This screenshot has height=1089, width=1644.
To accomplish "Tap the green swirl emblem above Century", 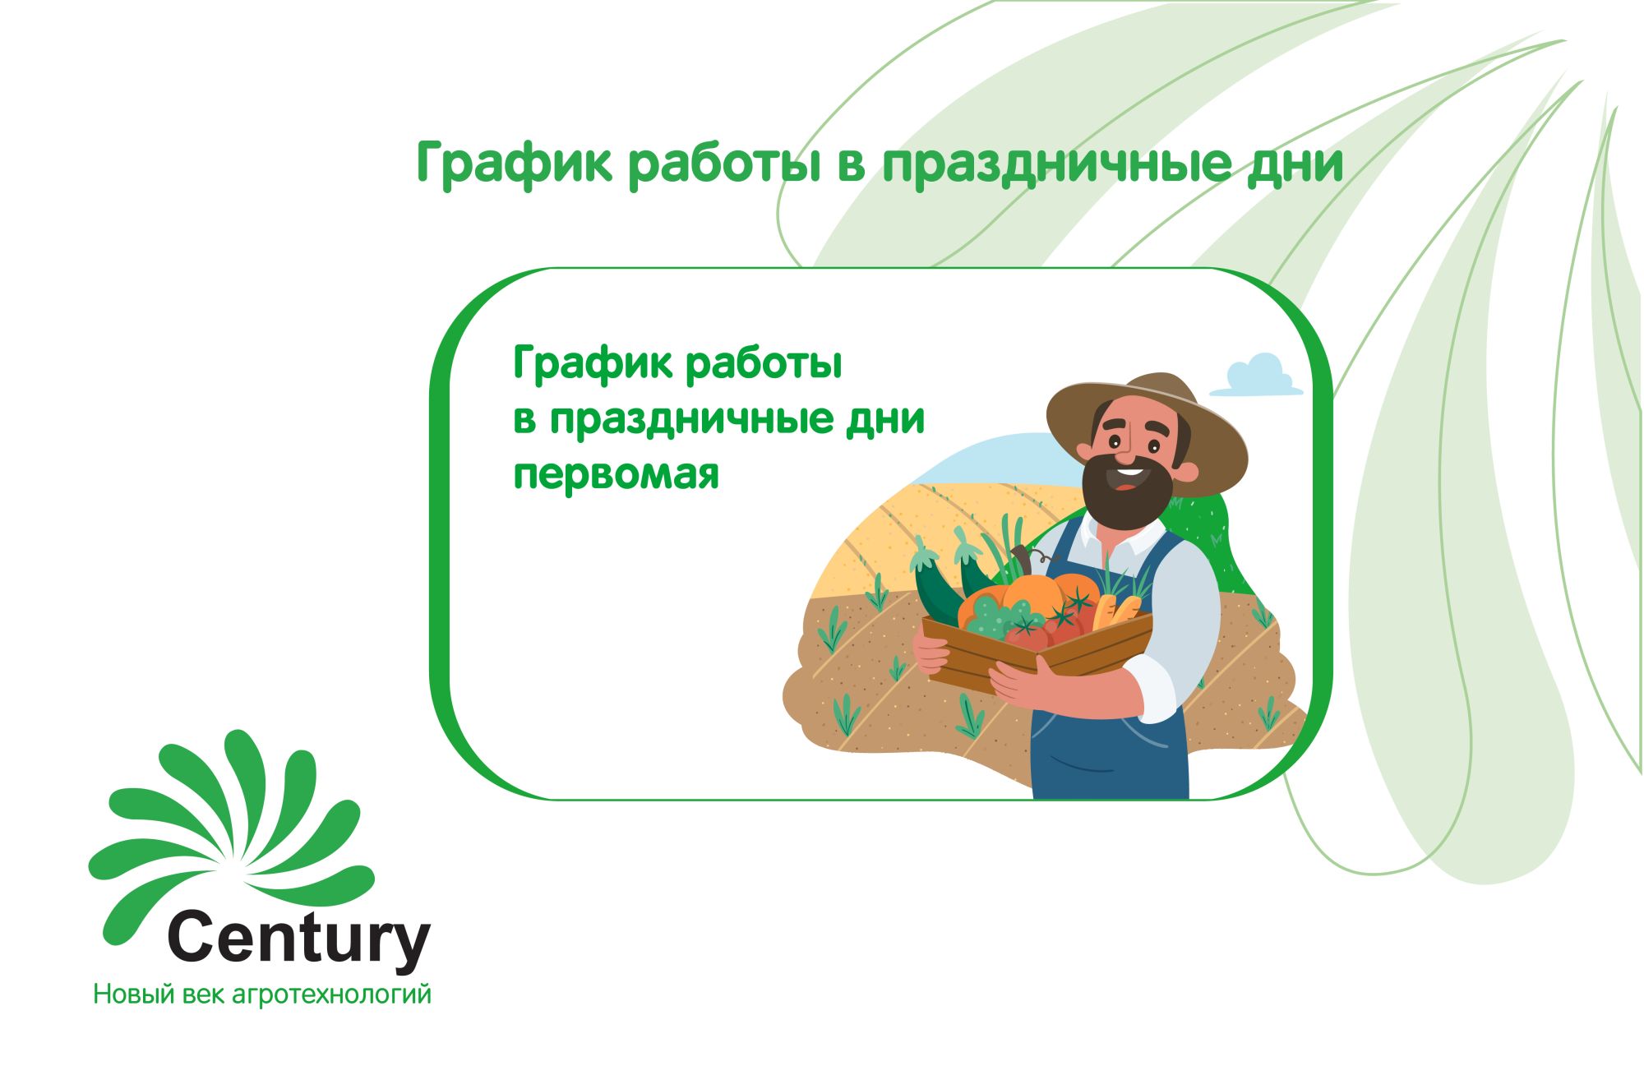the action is pyautogui.click(x=230, y=830).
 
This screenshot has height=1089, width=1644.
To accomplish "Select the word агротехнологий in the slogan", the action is pyautogui.click(x=332, y=995).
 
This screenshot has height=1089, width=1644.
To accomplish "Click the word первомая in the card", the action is pyautogui.click(x=616, y=475).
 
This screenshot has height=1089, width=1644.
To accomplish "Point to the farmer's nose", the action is pyautogui.click(x=1124, y=447).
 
